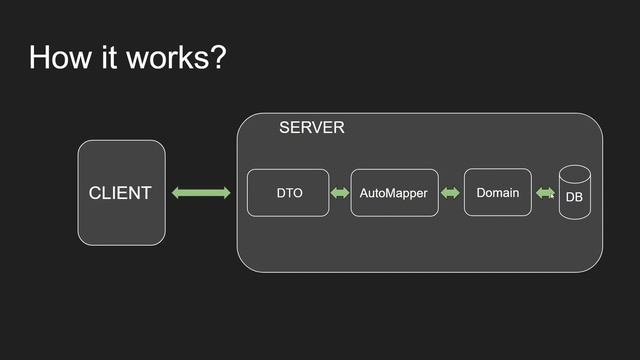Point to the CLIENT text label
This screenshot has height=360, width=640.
click(x=120, y=193)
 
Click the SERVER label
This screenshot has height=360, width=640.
click(x=311, y=128)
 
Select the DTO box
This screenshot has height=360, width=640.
click(x=288, y=205)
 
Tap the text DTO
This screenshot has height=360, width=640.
click(x=289, y=192)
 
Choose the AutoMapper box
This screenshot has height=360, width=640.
click(x=394, y=206)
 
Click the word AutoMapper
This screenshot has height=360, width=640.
click(x=394, y=192)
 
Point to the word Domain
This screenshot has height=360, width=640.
click(x=498, y=192)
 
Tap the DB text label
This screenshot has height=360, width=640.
click(x=574, y=197)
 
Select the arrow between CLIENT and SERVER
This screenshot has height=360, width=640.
click(x=201, y=192)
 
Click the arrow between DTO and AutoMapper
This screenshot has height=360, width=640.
click(x=340, y=192)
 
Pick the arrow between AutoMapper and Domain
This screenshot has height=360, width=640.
click(x=450, y=192)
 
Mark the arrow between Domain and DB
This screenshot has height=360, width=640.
click(x=545, y=192)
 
